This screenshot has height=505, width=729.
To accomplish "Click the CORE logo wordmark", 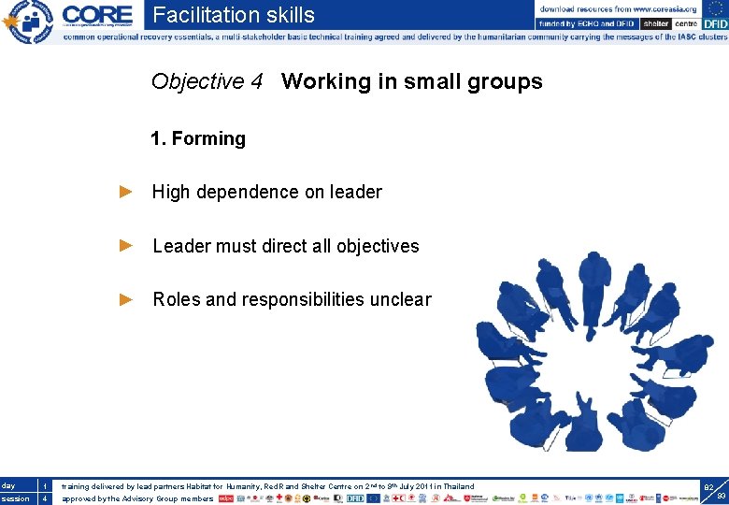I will [97, 15].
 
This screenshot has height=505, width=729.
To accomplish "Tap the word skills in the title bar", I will [281, 15].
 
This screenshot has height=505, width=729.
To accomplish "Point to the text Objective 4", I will [207, 82].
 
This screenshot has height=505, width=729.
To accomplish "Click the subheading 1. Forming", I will [198, 138].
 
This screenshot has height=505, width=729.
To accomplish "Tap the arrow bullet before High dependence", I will [127, 192].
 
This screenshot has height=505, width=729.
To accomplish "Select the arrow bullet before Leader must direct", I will [127, 245].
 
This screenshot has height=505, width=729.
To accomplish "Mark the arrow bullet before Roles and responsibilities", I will [127, 299].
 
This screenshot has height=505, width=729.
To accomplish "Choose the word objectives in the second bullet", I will [378, 246].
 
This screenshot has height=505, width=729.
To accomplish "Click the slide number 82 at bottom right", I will [708, 487].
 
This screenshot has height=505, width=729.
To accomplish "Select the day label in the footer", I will [8, 485].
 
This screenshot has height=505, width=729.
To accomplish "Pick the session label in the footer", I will [14, 498].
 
